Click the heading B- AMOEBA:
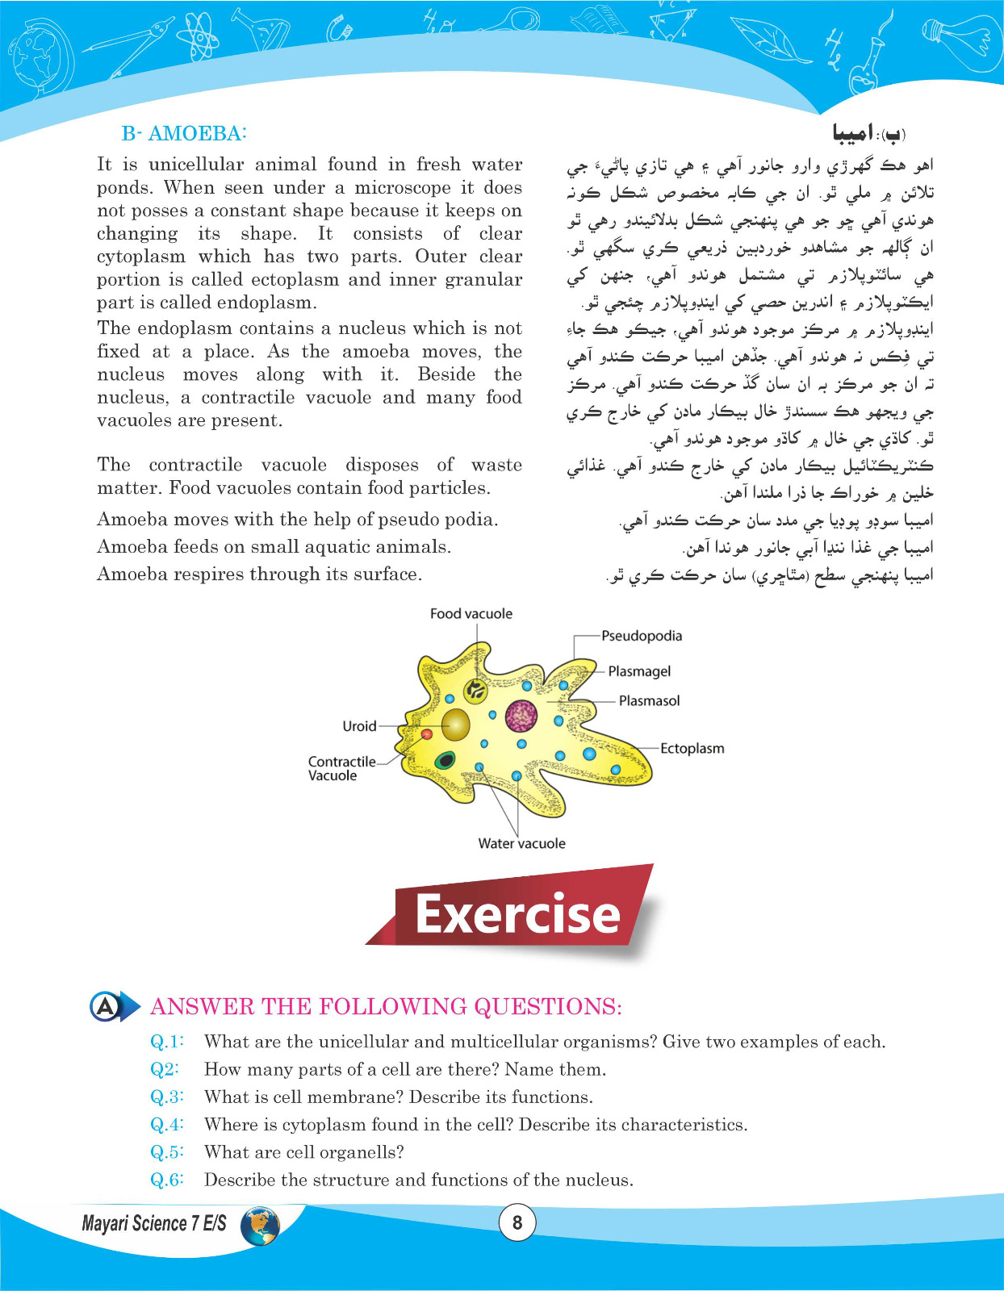click(x=184, y=134)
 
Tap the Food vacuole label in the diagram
click(x=471, y=614)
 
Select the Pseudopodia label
click(x=641, y=636)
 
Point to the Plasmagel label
click(x=639, y=671)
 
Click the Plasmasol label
click(x=649, y=701)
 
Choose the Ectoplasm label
click(x=692, y=749)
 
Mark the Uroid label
click(x=359, y=726)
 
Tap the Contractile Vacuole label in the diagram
click(x=342, y=768)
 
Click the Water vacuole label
click(x=521, y=844)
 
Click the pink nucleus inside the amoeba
click(x=521, y=715)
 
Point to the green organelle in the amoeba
click(x=445, y=759)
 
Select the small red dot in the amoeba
click(x=427, y=733)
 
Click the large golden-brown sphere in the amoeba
click(x=456, y=725)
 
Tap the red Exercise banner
click(x=517, y=914)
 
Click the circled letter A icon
click(x=106, y=1006)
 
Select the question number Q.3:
click(x=167, y=1097)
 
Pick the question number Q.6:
click(x=167, y=1180)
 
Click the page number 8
click(x=517, y=1223)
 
